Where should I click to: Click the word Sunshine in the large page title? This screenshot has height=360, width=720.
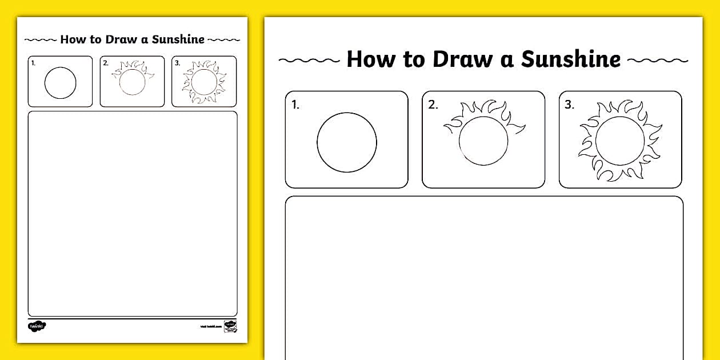pyautogui.click(x=571, y=59)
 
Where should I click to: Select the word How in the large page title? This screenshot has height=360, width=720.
pyautogui.click(x=370, y=59)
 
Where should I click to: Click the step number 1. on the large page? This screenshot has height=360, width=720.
pyautogui.click(x=295, y=105)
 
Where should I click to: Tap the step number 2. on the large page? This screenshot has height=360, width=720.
pyautogui.click(x=433, y=105)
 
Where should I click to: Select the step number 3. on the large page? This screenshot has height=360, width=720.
pyautogui.click(x=569, y=105)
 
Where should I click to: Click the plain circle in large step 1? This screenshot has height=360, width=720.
pyautogui.click(x=347, y=142)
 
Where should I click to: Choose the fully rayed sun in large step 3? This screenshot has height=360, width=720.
pyautogui.click(x=619, y=141)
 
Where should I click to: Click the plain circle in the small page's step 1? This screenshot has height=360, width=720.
pyautogui.click(x=60, y=83)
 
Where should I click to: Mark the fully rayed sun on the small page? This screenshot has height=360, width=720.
pyautogui.click(x=204, y=83)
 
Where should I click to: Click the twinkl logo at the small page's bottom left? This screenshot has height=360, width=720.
pyautogui.click(x=37, y=326)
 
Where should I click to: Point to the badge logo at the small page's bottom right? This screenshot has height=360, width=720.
pyautogui.click(x=230, y=326)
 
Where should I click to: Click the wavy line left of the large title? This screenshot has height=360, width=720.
pyautogui.click(x=309, y=60)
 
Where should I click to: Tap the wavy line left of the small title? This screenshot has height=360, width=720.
pyautogui.click(x=41, y=40)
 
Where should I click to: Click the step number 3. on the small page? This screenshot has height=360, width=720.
pyautogui.click(x=178, y=63)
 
